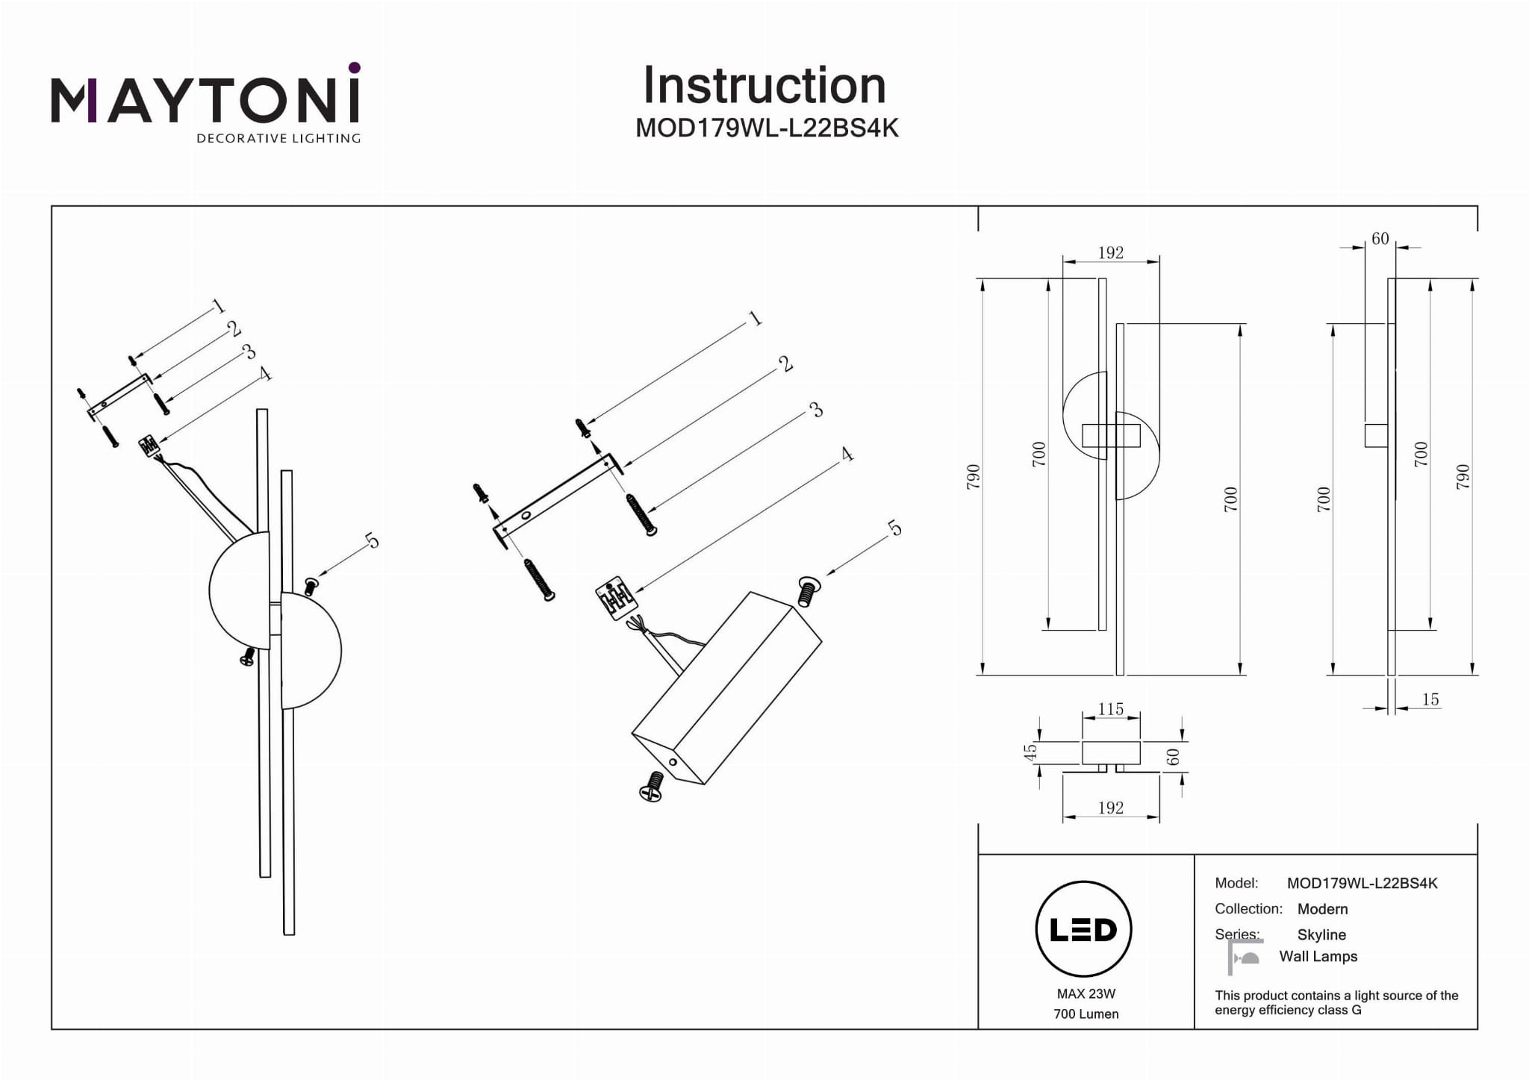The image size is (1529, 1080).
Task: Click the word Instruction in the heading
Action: coord(764,86)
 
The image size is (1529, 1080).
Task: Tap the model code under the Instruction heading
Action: coord(767,128)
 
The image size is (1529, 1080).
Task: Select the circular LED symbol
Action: coord(1083,929)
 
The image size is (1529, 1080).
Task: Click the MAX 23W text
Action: coord(1086,993)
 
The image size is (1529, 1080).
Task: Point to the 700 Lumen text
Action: coord(1086,1014)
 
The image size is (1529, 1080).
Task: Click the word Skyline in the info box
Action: coord(1321,934)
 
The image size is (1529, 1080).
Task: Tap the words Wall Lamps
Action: coord(1318,956)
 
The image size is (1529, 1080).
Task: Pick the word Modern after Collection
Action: coord(1322,909)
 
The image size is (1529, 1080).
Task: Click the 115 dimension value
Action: coord(1110,709)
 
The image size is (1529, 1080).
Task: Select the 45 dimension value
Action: coord(1030,752)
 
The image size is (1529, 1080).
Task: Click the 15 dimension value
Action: coord(1430,699)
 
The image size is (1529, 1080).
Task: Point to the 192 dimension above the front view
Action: coord(1110,253)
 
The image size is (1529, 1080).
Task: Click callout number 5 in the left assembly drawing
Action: coord(372,540)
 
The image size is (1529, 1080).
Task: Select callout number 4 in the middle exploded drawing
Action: coord(847,454)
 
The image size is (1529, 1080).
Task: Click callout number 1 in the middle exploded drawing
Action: coord(755,319)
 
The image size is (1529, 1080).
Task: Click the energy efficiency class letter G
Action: coord(1357,1010)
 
